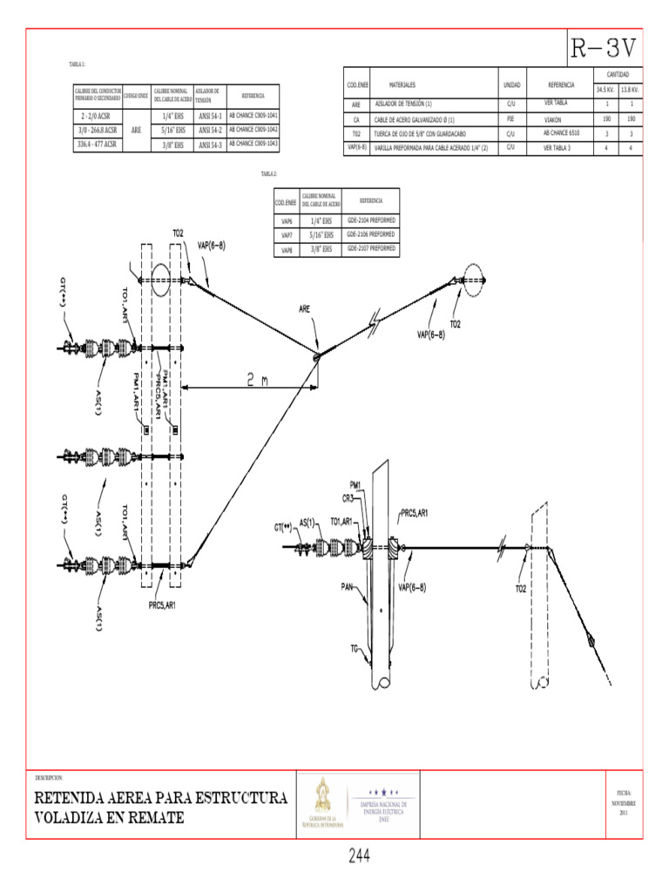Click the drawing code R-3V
tap(605, 47)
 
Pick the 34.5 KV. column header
tap(605, 90)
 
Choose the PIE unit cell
tap(511, 118)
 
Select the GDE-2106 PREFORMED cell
tap(370, 234)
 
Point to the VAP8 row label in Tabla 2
tap(287, 250)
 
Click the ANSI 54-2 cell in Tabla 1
tap(210, 130)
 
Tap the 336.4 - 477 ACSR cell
tap(96, 144)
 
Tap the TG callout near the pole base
tap(355, 648)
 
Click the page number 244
tap(359, 857)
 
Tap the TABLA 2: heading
tap(269, 174)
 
